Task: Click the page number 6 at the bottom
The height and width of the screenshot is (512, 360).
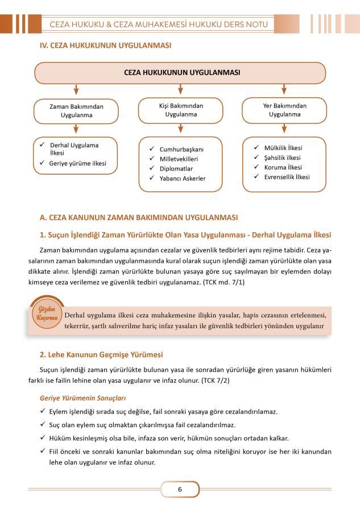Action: [180, 489]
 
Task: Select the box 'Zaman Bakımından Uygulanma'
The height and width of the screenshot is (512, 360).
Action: [76, 111]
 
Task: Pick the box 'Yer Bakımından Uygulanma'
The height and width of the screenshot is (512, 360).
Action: [284, 110]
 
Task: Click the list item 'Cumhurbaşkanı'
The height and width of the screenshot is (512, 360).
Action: [183, 149]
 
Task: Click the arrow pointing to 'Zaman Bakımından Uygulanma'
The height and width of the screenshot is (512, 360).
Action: [76, 90]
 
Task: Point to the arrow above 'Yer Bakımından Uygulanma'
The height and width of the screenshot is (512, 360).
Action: [284, 89]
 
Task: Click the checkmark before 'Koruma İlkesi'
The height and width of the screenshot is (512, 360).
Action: [257, 167]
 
